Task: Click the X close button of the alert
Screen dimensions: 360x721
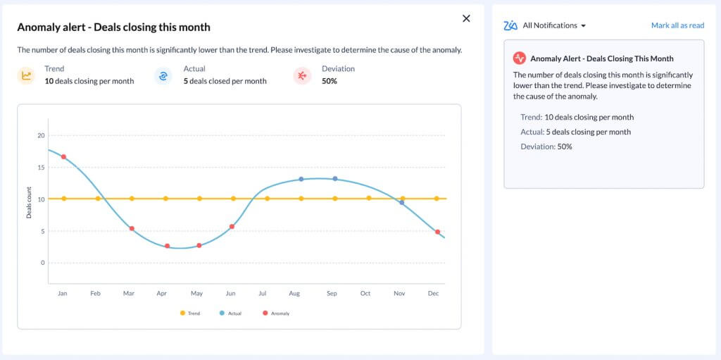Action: [x=466, y=19]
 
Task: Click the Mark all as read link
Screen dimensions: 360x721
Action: [x=677, y=25]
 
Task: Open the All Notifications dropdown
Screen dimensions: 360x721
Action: [x=554, y=25]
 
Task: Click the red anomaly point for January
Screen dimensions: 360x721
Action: [x=64, y=157]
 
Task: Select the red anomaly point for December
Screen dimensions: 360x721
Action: [x=437, y=232]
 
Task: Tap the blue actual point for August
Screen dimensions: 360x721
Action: [x=301, y=179]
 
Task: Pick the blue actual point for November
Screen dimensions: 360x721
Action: [x=402, y=202]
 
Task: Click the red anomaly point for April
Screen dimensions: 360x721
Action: [x=167, y=246]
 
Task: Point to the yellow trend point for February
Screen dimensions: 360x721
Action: [x=98, y=199]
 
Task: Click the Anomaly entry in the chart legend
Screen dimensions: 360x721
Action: [x=276, y=313]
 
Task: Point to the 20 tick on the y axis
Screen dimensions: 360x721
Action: [x=41, y=135]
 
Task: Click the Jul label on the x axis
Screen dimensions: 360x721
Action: [x=263, y=293]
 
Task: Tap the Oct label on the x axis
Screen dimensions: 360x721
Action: [x=365, y=293]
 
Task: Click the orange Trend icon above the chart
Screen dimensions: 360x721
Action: [x=26, y=75]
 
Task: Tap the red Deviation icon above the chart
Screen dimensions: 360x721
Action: [x=302, y=75]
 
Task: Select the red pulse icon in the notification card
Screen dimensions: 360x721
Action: [x=520, y=58]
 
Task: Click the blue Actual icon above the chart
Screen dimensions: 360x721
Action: [x=163, y=75]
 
